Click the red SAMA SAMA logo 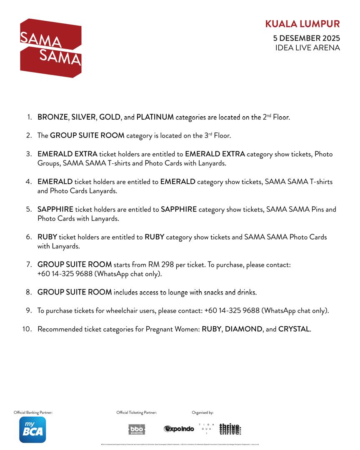click(x=51, y=48)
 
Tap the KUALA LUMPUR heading click(x=302, y=24)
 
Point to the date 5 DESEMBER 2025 click(x=306, y=38)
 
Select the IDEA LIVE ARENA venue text click(x=307, y=48)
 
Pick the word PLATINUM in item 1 click(x=155, y=117)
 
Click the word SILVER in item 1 click(x=84, y=117)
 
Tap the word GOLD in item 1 click(x=110, y=117)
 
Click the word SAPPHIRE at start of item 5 click(x=55, y=210)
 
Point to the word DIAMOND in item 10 click(x=244, y=329)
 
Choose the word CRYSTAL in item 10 click(x=294, y=329)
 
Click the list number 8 click(x=29, y=292)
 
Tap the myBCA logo click(x=32, y=430)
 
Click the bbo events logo click(x=137, y=430)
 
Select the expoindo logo click(x=179, y=429)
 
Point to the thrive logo click(x=230, y=429)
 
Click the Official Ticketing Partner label click(x=137, y=412)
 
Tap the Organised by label click(x=202, y=412)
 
